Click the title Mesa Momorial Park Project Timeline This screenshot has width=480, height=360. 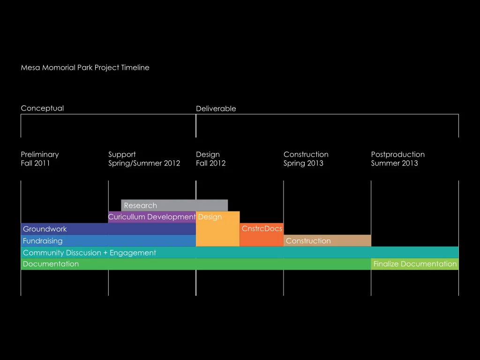click(85, 67)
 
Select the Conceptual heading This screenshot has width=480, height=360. click(42, 108)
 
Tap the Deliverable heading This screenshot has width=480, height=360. click(216, 109)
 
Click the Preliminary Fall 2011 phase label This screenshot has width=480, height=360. click(40, 158)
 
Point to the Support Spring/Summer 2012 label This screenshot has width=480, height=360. click(144, 158)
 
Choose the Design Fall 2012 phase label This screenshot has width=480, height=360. click(210, 158)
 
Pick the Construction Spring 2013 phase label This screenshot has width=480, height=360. click(306, 158)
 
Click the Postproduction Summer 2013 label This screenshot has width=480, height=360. click(397, 158)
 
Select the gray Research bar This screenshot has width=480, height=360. click(174, 205)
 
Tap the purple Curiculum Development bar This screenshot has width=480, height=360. click(152, 217)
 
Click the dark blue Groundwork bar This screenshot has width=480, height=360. click(108, 229)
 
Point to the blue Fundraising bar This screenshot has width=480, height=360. click(108, 240)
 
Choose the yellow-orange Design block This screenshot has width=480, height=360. click(217, 229)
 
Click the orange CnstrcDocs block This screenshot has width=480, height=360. click(262, 235)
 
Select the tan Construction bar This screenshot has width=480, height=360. click(327, 240)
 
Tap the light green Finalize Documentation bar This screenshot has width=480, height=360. click(415, 264)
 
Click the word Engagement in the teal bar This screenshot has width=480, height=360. click(133, 253)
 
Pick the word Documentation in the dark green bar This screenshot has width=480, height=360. click(51, 264)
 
